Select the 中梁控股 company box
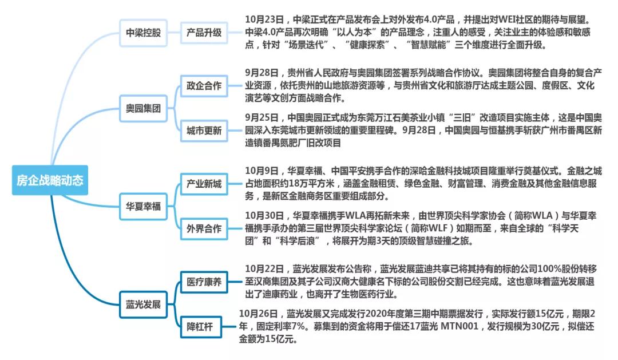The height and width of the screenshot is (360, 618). point(143,32)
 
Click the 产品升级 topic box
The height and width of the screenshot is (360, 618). point(204,32)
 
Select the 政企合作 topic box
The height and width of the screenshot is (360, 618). point(204,86)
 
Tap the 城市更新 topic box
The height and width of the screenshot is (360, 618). point(204,130)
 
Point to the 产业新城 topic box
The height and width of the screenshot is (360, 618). point(204,184)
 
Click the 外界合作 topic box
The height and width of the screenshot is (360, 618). point(204,228)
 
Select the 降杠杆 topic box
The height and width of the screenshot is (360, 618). point(200,327)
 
